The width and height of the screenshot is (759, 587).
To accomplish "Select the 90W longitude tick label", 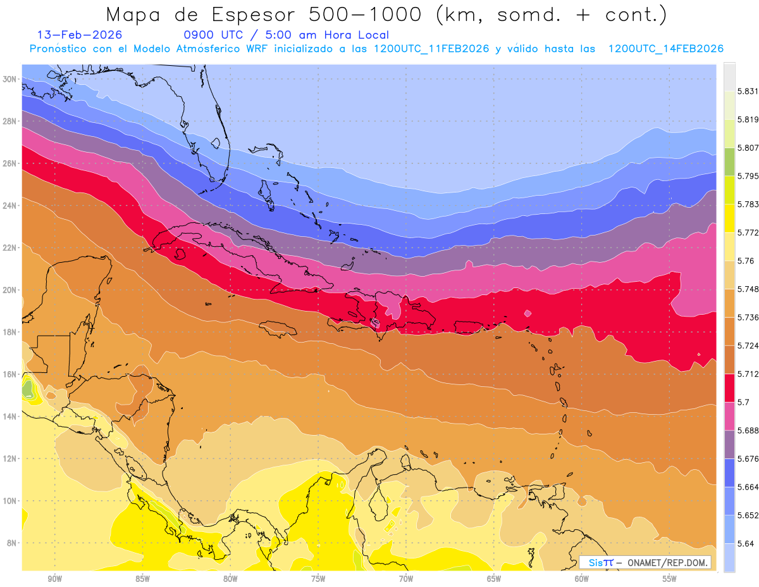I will click(x=54, y=579).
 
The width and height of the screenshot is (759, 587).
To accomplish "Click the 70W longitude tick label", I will click(x=406, y=579).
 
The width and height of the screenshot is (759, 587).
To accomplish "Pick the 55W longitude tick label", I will click(x=670, y=579).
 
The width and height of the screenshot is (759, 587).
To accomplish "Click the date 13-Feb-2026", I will click(x=80, y=35).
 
